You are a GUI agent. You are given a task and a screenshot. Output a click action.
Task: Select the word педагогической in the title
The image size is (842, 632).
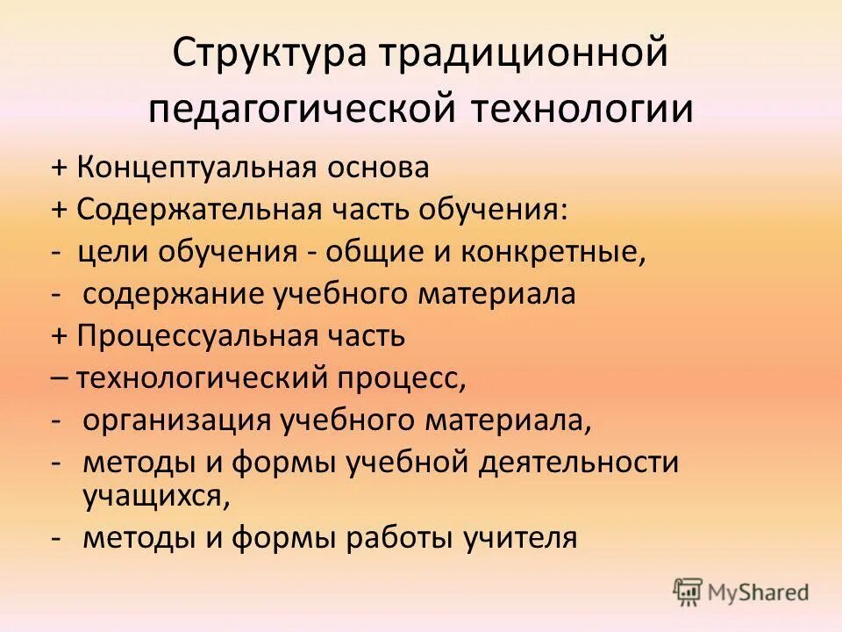coord(301,111)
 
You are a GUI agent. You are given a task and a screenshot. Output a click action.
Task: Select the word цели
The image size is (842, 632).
coord(113,252)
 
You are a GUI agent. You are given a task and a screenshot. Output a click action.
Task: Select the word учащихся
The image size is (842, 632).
coord(156,496)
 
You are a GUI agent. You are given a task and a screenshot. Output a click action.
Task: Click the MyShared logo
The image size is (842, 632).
coord(741,592)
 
